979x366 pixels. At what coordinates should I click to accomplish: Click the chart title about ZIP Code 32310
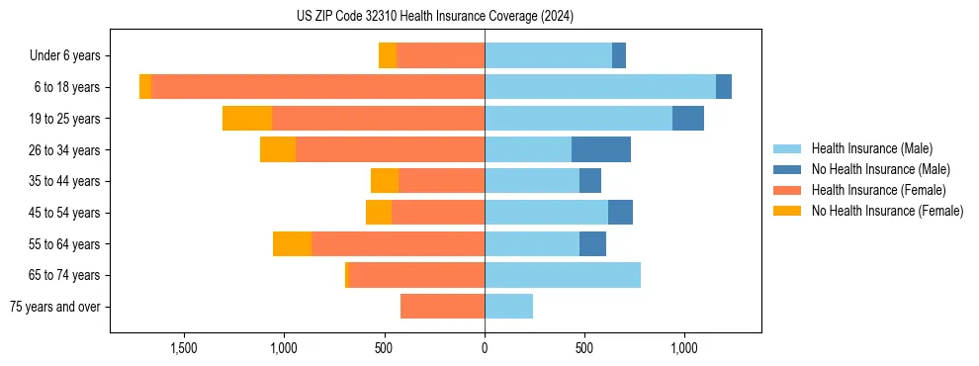(x=434, y=17)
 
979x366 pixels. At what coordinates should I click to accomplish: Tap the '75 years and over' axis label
(x=55, y=307)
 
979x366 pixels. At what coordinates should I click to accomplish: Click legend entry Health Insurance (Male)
(x=871, y=148)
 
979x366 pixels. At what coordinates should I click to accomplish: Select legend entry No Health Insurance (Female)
(x=887, y=211)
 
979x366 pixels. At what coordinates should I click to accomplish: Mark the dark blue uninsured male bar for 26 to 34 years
(x=601, y=150)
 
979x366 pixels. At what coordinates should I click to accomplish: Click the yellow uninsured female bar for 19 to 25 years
(x=247, y=119)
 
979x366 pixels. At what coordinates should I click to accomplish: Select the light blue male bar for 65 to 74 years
(x=563, y=275)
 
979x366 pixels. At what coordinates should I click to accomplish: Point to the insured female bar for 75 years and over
(x=442, y=307)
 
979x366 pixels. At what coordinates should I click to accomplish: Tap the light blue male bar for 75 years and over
(x=508, y=307)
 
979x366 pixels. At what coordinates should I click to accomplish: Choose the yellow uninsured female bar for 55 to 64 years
(x=292, y=244)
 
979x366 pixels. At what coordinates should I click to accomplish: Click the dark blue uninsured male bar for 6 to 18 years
(x=724, y=87)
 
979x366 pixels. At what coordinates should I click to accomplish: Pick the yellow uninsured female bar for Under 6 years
(x=388, y=56)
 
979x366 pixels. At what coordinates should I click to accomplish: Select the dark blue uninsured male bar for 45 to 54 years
(x=620, y=213)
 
